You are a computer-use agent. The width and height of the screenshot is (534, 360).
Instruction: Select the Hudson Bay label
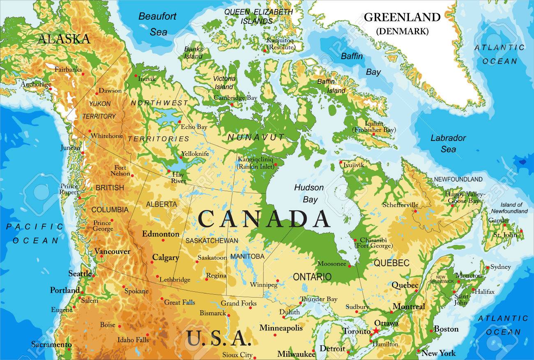click(308, 194)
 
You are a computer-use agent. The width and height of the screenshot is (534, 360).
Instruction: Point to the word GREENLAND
click(402, 17)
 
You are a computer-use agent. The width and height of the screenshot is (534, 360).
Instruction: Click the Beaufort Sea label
click(157, 24)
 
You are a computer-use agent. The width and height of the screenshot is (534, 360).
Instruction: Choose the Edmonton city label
click(161, 234)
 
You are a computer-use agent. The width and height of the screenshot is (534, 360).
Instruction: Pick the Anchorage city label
click(36, 85)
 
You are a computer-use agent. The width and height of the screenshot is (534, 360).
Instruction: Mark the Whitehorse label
click(107, 136)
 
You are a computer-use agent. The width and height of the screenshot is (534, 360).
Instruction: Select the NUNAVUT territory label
click(256, 137)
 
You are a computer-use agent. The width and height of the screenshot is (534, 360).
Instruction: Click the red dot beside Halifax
click(473, 290)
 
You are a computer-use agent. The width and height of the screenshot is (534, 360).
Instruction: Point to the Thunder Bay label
click(319, 299)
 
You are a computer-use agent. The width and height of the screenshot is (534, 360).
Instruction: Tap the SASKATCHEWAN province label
click(212, 240)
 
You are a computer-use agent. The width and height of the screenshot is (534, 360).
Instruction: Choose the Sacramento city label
click(51, 344)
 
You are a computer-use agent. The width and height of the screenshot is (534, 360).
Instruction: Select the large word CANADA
click(264, 219)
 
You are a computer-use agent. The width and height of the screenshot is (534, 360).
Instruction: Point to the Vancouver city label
click(112, 251)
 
